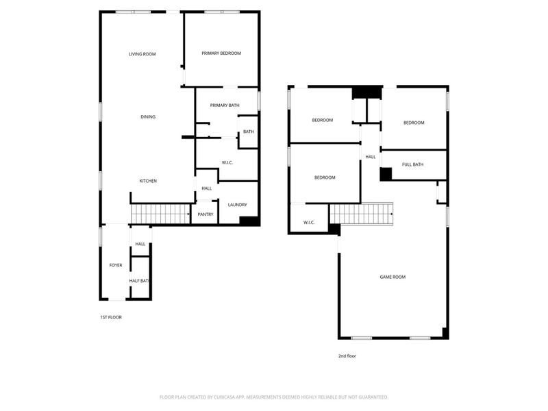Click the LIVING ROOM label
coord(142,53)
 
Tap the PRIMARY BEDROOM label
coord(221,53)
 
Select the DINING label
coord(148,117)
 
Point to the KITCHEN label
coord(149,181)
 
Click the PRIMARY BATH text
coord(225,105)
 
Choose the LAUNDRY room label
coord(237,204)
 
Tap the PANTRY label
coord(206,214)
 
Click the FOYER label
coord(116,265)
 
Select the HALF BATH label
coord(140,281)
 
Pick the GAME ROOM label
coord(393,277)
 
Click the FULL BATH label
coord(412,164)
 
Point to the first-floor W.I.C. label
coord(228,162)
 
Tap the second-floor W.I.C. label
coord(308,222)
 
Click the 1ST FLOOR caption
coord(111,317)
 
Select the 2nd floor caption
coord(347,356)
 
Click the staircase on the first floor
coord(160,214)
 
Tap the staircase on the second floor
coord(362,214)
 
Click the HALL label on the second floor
coord(371,157)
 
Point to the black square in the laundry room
coord(249,221)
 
